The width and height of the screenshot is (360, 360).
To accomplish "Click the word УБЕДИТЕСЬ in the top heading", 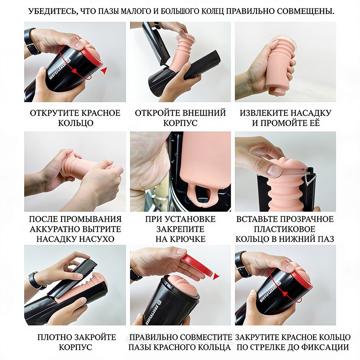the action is [52, 11].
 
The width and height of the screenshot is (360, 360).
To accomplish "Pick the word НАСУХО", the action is [96, 239].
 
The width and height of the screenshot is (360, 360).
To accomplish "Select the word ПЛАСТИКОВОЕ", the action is [284, 229].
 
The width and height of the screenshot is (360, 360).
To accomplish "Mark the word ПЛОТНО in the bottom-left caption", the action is [52, 337].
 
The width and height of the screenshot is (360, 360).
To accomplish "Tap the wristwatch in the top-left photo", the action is [31, 42].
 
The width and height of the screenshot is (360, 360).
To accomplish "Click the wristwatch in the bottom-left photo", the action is [35, 281].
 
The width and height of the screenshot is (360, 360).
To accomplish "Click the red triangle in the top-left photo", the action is [104, 71].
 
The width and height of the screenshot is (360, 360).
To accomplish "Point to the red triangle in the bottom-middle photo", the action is [216, 276].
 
